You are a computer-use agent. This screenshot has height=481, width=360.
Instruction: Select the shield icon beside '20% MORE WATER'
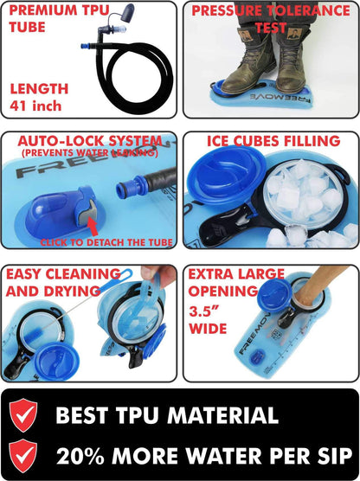click(x=25, y=455)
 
